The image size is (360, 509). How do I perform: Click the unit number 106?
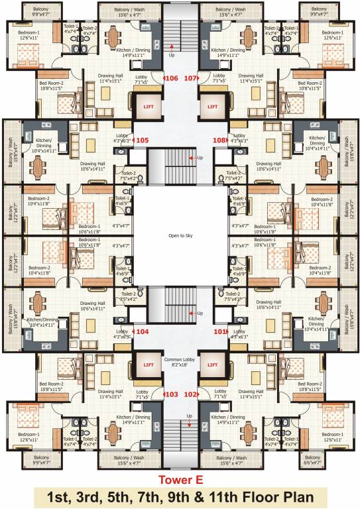(172, 78)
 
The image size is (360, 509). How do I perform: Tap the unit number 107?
(190, 78)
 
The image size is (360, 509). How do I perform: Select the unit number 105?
(142, 140)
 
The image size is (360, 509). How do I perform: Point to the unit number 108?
(219, 140)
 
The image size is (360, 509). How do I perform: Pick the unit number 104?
(142, 329)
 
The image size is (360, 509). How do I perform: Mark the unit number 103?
(172, 394)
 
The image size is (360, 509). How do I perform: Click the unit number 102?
(190, 394)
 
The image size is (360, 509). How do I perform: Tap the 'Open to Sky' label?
(180, 235)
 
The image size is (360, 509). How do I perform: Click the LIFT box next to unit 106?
(147, 105)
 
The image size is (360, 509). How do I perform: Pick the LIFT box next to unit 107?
(213, 105)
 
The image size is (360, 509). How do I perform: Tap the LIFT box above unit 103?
(147, 365)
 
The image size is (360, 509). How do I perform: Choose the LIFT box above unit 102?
(213, 365)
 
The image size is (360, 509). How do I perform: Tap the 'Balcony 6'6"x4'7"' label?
(312, 461)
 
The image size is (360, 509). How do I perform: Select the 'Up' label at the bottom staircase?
(190, 416)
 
